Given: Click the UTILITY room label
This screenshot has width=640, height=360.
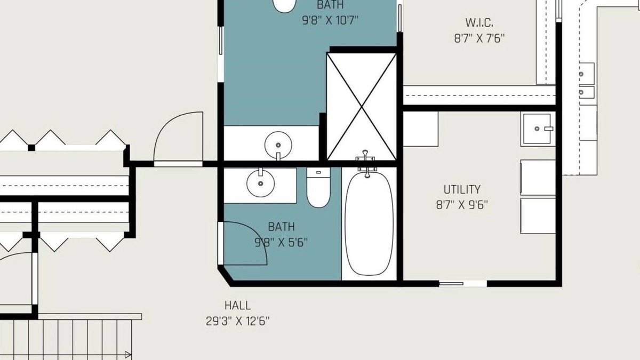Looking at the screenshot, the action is [462, 189].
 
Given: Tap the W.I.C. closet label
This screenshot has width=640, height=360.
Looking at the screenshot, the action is [479, 22].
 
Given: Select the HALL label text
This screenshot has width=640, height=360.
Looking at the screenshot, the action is [237, 306].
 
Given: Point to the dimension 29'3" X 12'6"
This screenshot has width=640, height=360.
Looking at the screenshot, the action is [237, 321].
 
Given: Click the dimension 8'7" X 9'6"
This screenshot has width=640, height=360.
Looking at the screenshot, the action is [462, 205].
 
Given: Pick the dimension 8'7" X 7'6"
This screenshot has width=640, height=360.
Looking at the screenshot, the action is [479, 38].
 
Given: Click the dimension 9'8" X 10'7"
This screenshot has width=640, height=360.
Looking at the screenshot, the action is [330, 20].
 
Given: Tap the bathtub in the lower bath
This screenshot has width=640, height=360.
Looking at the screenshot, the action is [369, 223].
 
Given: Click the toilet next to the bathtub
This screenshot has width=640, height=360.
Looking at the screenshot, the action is [318, 187].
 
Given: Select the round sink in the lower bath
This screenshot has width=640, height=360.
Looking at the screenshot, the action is [261, 183].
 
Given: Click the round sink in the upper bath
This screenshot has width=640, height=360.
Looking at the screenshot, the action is [278, 145].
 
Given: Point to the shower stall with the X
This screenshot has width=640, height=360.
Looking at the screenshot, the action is [362, 107].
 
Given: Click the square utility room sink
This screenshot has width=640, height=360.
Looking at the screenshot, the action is [537, 129].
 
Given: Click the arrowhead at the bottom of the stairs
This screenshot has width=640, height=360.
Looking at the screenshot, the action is [128, 355].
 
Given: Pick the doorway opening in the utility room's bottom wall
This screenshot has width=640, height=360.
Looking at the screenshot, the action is [463, 283].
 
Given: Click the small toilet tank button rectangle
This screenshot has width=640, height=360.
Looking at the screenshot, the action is [318, 172].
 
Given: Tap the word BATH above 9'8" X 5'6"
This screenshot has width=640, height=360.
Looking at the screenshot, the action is [281, 227].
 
